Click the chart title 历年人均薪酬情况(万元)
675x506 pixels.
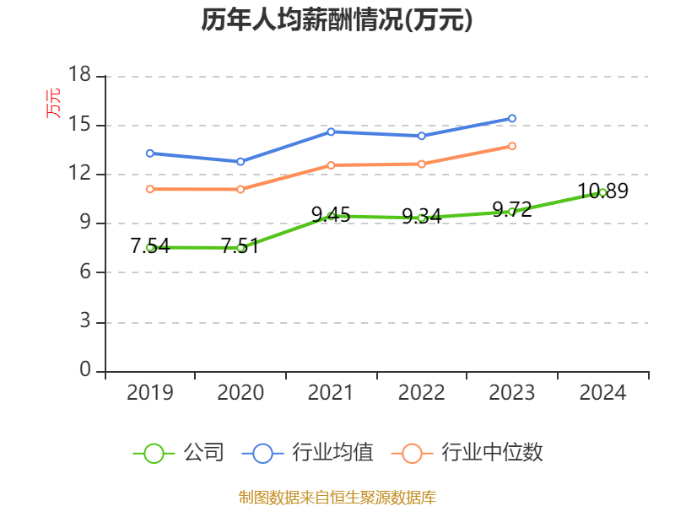tap(337, 20)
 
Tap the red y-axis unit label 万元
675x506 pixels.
tap(53, 103)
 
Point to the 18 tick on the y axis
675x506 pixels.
tap(79, 74)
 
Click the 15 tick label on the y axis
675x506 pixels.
tap(79, 124)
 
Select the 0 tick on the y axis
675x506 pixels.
tap(85, 369)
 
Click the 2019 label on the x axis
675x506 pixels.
tap(150, 392)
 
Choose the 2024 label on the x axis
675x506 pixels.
tap(602, 392)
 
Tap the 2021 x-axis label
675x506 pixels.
tap(331, 392)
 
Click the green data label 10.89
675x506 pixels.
tap(602, 191)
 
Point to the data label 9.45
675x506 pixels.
tap(331, 214)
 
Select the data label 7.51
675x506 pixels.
tap(240, 246)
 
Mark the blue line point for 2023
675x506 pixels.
tap(512, 118)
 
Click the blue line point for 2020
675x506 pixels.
tap(240, 162)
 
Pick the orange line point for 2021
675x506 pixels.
tap(331, 165)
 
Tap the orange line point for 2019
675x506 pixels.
tap(150, 189)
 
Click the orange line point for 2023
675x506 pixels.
tap(512, 146)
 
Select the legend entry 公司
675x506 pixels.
tap(179, 453)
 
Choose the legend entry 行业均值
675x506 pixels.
tap(308, 453)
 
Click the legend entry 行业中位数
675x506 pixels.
tap(467, 453)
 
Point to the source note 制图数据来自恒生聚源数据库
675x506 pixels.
tap(337, 498)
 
